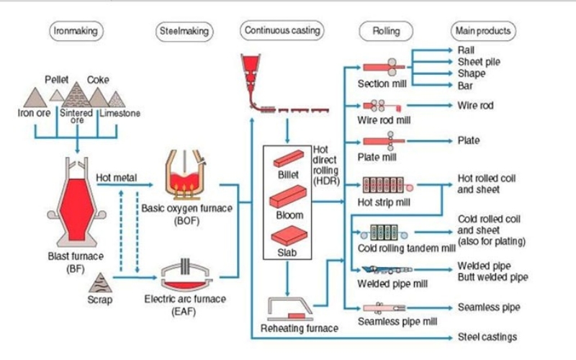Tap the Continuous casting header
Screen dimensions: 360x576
coord(282,31)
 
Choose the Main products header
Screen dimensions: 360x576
coord(483,31)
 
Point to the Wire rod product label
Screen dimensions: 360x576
coord(475,105)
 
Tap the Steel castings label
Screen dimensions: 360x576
coord(487,337)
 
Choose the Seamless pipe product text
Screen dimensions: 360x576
coord(489,307)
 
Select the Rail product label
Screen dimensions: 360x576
coord(467,50)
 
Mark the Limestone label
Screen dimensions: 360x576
coord(120,113)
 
